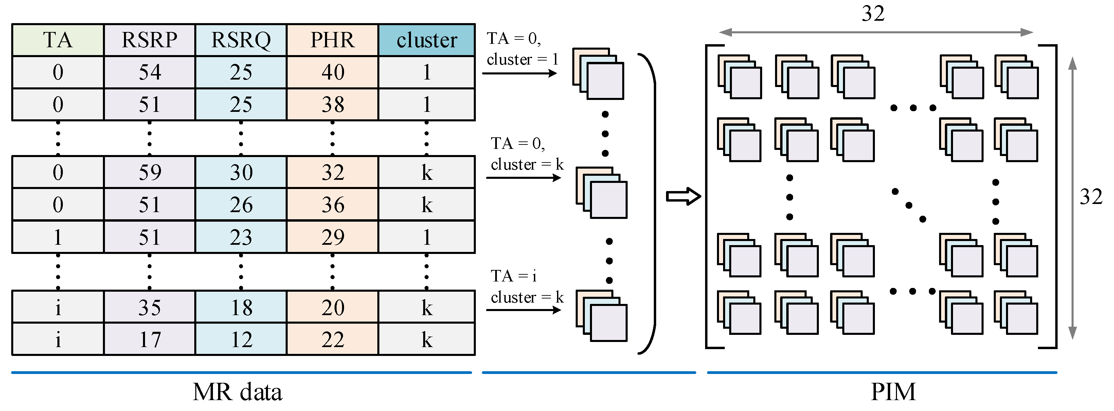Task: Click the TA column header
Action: point(58,40)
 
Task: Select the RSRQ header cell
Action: point(241,40)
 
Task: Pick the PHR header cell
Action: point(332,40)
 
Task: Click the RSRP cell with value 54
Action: point(150,72)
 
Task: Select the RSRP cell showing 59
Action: point(150,173)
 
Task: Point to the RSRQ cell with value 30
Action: point(241,173)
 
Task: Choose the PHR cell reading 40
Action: point(332,72)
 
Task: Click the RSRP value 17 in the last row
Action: point(150,340)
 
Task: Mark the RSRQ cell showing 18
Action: point(241,308)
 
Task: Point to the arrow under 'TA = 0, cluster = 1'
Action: point(519,73)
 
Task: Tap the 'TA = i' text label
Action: point(513,276)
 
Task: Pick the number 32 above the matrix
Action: point(873,14)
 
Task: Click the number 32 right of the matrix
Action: point(1091,197)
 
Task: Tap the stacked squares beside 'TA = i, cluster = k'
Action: point(601,316)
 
